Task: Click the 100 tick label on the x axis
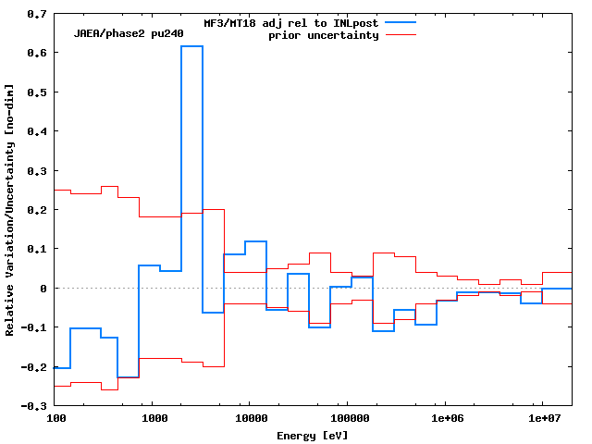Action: point(56,419)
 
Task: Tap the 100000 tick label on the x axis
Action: point(347,419)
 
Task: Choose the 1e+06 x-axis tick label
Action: point(446,419)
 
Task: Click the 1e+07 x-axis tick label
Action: point(542,419)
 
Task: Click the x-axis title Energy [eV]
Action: point(313,435)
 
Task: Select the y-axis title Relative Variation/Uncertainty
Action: point(10,209)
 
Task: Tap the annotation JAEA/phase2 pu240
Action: point(129,34)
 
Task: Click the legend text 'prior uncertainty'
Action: point(324,35)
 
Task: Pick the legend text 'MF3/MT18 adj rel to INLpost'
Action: point(290,23)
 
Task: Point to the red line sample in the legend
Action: point(401,35)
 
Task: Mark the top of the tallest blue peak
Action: point(191,46)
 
